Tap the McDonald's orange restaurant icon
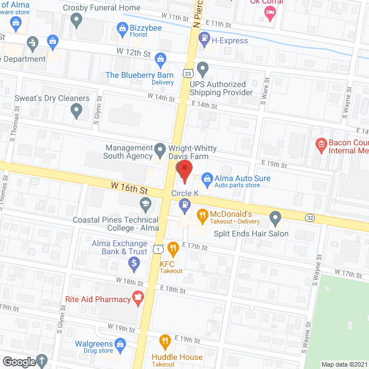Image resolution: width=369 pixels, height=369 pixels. [202, 216]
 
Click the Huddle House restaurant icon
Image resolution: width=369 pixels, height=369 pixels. [165, 341]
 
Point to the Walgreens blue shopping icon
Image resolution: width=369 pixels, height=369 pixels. [120, 345]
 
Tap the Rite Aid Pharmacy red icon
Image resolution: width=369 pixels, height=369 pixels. [137, 298]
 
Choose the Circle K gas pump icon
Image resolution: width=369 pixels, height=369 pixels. [184, 204]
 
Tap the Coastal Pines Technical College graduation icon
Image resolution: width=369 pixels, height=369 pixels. [145, 204]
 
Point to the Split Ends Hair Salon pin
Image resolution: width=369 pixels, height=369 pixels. [276, 219]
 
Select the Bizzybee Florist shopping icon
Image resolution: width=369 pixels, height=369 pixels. [122, 27]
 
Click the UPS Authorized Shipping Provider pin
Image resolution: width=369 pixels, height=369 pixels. [202, 70]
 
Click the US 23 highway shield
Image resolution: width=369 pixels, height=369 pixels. [188, 73]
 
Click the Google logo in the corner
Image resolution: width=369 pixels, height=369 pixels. [18, 362]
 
